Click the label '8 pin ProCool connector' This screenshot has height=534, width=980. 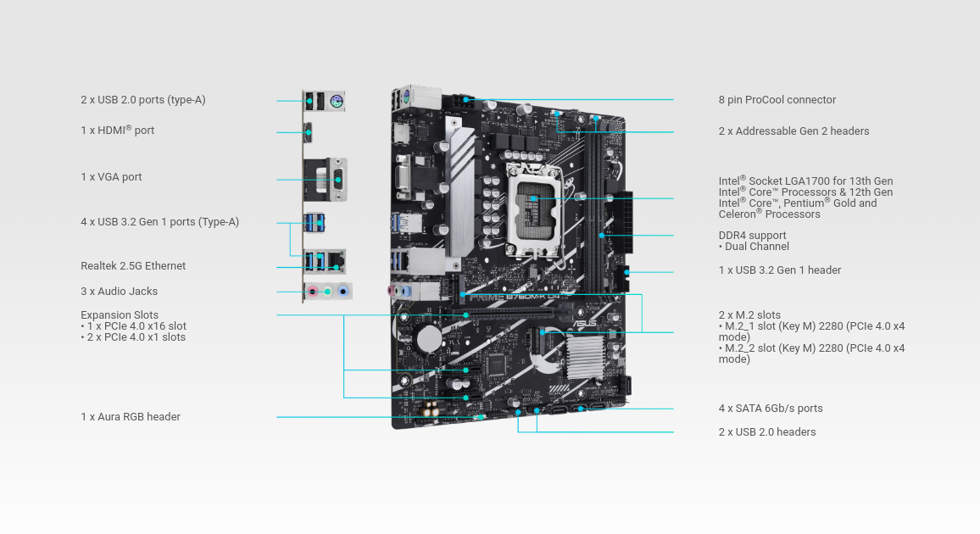(777, 100)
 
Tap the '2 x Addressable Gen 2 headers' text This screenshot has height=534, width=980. (793, 131)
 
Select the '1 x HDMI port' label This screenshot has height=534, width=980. (118, 131)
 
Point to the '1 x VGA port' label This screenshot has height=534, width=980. (111, 177)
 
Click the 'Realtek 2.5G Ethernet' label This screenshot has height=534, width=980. (133, 266)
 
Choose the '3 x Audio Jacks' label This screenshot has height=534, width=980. (119, 292)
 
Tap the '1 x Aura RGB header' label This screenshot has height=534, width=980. (131, 417)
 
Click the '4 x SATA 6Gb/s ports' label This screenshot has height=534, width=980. (771, 409)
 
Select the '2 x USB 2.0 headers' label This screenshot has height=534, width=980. (767, 432)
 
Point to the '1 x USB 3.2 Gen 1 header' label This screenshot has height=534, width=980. (780, 270)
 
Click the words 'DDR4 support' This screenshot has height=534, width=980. (752, 236)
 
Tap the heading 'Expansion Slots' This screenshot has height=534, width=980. (120, 315)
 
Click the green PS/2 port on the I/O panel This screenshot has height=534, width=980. (336, 103)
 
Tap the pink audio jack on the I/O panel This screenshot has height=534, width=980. (313, 292)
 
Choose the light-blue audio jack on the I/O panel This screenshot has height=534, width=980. (342, 292)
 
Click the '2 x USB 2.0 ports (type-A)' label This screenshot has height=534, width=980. (143, 100)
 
